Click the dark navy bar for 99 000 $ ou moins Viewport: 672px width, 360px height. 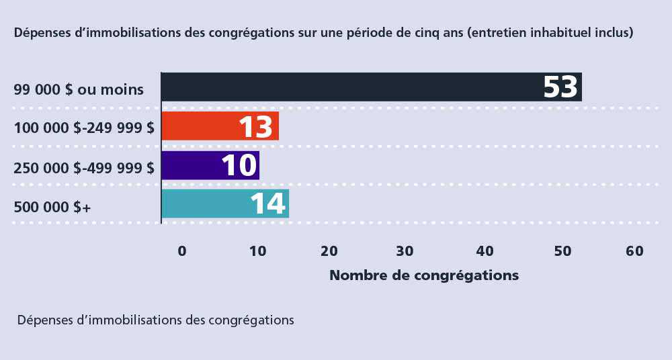(x=349, y=87)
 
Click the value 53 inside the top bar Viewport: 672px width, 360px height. (x=560, y=87)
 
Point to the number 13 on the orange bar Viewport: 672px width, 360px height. (x=256, y=127)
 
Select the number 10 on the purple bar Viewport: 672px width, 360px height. (x=239, y=166)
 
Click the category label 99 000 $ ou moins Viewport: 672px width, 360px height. (x=79, y=89)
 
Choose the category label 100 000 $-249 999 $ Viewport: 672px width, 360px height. (x=84, y=128)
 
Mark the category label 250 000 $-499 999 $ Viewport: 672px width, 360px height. (x=84, y=167)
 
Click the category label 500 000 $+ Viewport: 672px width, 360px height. (x=52, y=207)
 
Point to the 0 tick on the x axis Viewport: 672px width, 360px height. (x=181, y=251)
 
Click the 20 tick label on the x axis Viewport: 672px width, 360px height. (x=329, y=251)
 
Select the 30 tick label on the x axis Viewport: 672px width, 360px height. (x=405, y=251)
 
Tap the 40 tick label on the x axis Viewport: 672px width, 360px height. (x=485, y=251)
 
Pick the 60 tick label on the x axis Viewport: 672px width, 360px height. (x=634, y=251)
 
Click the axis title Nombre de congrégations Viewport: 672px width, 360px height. (x=424, y=275)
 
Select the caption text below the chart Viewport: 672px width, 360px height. (x=156, y=320)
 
